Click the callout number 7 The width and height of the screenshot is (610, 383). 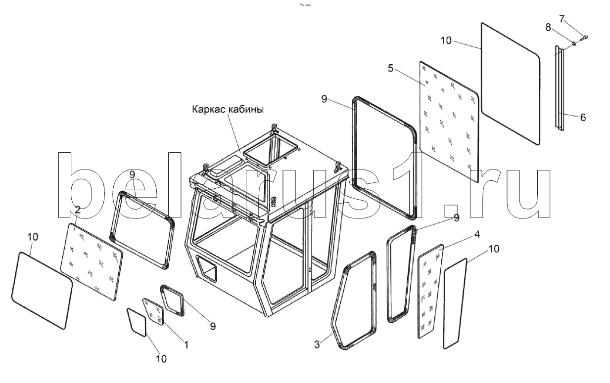pos(562,19)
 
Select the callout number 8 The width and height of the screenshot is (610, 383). pos(548,28)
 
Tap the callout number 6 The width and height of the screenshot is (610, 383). pos(583,118)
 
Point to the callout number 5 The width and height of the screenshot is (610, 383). pos(391,69)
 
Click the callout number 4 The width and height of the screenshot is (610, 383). pos(477,234)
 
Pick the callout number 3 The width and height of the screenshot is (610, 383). pos(317,344)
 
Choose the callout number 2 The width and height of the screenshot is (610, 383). pos(78,210)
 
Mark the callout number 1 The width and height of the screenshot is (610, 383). pos(187,345)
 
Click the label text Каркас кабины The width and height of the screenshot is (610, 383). pos(228,110)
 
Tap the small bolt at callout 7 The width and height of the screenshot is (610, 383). pos(584,38)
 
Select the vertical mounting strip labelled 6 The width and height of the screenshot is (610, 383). pos(560,88)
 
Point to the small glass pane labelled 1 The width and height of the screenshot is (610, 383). pos(153,311)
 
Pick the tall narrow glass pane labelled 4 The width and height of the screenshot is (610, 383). pos(430,292)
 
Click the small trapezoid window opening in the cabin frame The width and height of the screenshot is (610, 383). pos(207,269)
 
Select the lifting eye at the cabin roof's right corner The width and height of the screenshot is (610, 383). pos(338,166)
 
